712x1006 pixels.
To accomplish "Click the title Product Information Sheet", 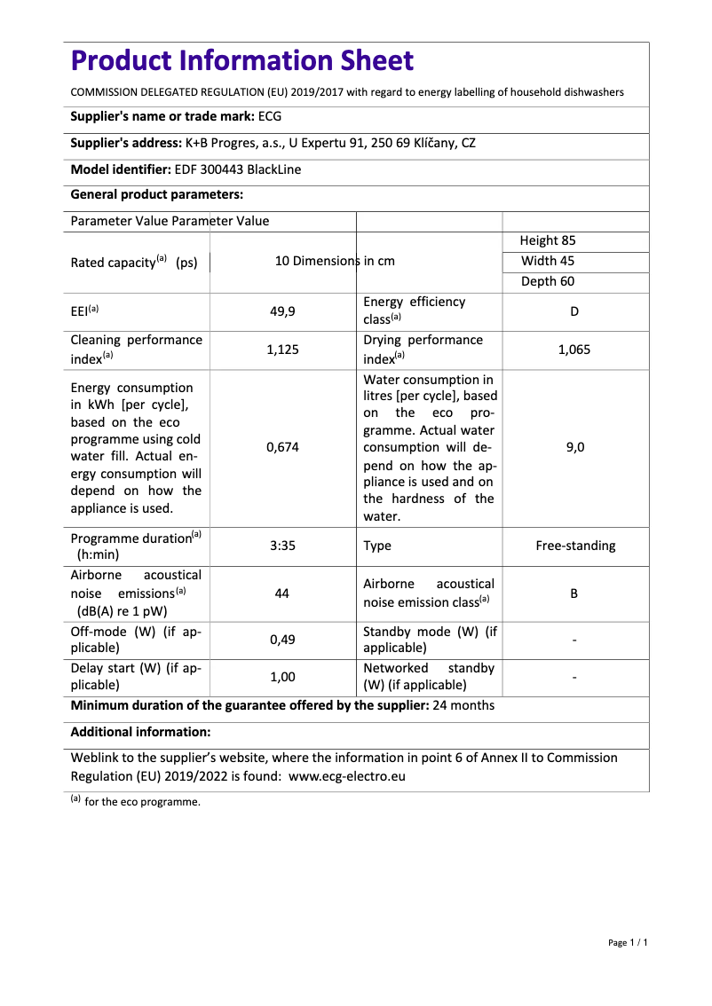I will point(241,61).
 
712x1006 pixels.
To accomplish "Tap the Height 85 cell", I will point(548,240).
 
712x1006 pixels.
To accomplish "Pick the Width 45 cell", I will point(548,261).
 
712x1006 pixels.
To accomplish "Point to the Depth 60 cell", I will point(548,281).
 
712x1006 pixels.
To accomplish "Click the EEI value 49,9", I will point(282,311).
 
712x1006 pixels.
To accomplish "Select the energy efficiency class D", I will point(574,311).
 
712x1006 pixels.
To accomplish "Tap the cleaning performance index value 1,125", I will point(282,350).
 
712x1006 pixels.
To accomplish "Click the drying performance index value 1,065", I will point(574,350).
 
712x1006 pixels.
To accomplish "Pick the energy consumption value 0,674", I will point(282,448).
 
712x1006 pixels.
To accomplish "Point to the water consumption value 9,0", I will point(574,448).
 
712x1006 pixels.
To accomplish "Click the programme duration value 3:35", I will point(282,546).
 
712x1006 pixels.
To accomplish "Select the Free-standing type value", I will point(575,546).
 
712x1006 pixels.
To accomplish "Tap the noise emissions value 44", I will point(282,593).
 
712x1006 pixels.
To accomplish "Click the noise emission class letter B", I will point(574,593).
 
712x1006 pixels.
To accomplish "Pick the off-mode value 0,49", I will point(282,640).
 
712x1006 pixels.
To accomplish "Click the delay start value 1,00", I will point(282,677).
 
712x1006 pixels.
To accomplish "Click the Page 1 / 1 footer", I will point(628,943).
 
